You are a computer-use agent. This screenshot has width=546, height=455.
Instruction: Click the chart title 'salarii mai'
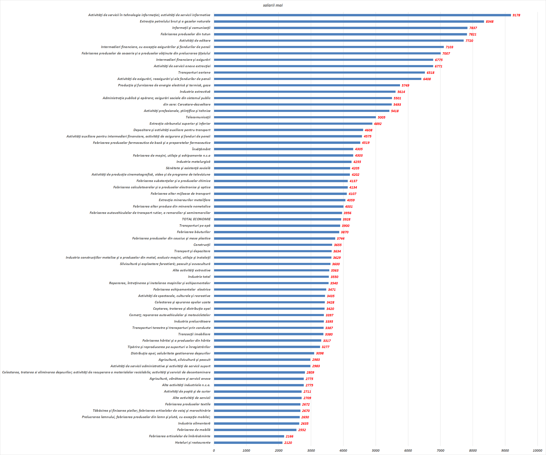pos(273,5)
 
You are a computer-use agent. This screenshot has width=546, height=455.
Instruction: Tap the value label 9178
pos(516,15)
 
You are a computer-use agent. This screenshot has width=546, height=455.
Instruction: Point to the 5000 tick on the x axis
pos(375,451)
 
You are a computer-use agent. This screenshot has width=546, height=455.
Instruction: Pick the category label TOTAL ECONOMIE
pos(196,219)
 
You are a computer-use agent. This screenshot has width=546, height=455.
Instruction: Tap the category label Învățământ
pos(201,149)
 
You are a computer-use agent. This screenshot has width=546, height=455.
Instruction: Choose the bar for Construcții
pos(273,245)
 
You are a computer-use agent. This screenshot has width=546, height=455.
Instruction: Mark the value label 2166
pos(289,436)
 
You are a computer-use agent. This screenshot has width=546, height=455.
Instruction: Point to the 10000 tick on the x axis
pos(537,451)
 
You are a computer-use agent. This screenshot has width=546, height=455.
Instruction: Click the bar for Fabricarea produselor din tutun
pos(340,34)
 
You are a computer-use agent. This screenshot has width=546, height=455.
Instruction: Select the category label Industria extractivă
pos(195,92)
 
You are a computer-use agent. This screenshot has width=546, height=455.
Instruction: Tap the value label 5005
pos(381,117)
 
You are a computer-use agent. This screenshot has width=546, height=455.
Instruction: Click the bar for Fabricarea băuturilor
pos(276,232)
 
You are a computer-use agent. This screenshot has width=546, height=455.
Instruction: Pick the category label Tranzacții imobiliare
pos(194,334)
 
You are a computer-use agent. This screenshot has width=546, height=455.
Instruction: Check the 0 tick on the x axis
pos(214,451)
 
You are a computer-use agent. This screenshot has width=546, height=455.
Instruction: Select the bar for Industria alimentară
pos(256,424)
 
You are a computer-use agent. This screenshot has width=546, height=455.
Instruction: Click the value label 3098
pos(320,353)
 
